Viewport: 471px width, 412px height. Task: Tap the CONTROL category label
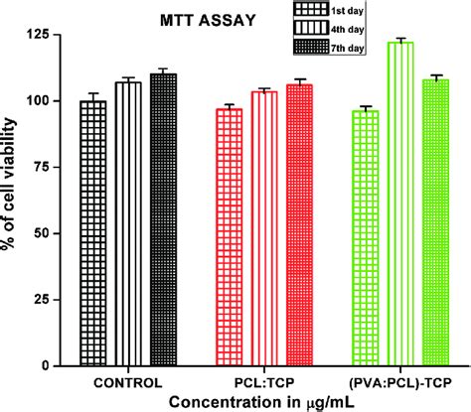click(x=127, y=380)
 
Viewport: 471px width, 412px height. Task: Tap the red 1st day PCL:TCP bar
click(x=230, y=237)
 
